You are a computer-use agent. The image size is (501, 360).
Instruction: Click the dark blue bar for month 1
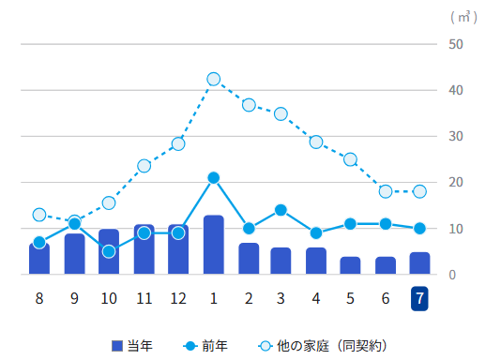[213, 245]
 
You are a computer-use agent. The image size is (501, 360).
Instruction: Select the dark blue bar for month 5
[350, 265]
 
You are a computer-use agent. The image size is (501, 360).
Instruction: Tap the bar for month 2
[249, 259]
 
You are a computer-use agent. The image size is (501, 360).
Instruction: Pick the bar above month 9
[74, 254]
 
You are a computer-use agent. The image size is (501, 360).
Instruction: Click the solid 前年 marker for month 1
[213, 178]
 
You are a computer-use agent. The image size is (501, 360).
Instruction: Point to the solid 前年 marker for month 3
[281, 210]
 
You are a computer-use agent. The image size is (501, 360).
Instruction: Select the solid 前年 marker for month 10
[109, 251]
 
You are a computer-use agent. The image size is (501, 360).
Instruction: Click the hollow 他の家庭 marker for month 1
[213, 79]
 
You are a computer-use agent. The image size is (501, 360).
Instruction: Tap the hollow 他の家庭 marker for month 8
[39, 215]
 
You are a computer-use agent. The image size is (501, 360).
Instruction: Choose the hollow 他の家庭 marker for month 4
[316, 142]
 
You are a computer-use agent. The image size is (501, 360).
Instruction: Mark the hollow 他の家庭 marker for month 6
[386, 191]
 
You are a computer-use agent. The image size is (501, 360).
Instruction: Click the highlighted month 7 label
[419, 299]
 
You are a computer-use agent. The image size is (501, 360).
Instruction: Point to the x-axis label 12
[178, 299]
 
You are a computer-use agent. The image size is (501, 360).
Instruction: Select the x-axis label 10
[109, 299]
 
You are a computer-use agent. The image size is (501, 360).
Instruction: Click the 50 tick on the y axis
[456, 44]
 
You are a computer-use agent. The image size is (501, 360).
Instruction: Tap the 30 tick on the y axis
[456, 136]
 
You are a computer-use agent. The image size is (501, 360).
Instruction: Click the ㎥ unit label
[463, 17]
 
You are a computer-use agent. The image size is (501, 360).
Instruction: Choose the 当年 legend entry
[132, 346]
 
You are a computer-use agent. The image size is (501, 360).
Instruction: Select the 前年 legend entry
[205, 346]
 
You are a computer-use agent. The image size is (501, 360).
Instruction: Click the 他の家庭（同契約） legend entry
[323, 346]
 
